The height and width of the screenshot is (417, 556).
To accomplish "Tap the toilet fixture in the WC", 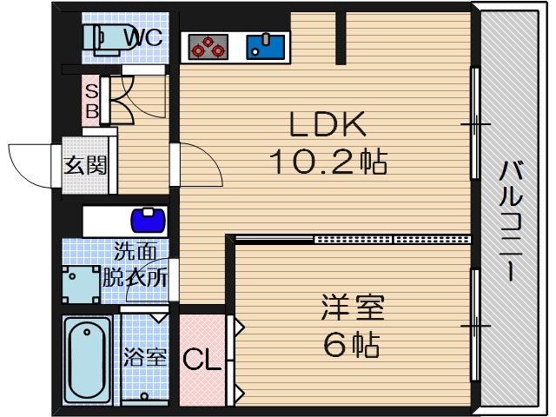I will [103, 39].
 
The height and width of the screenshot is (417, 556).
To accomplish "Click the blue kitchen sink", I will [265, 44].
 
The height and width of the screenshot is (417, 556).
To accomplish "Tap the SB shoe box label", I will [90, 100].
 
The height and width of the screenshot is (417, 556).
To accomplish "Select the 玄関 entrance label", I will [85, 165].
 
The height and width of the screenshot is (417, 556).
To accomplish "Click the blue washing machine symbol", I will [148, 217].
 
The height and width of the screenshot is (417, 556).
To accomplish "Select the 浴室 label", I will [144, 357].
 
